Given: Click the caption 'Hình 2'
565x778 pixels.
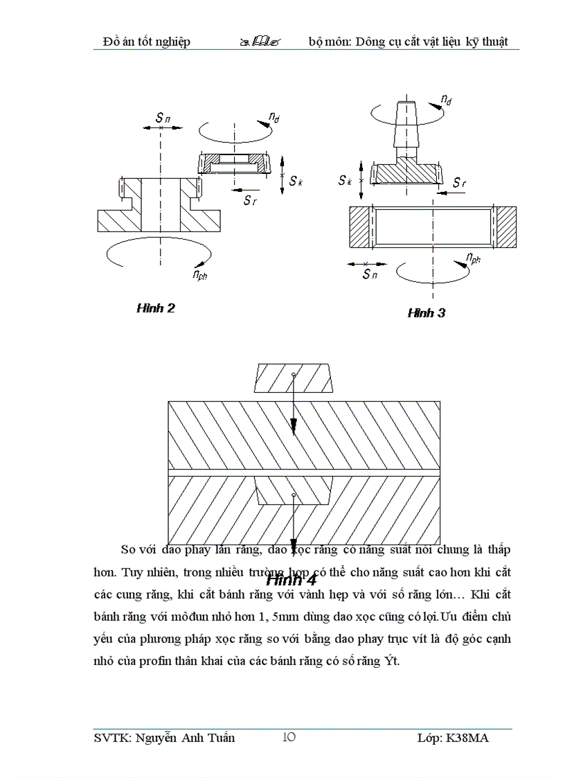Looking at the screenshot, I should (x=155, y=308).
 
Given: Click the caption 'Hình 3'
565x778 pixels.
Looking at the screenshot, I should (x=426, y=313).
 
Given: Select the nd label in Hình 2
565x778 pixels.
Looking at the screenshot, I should (x=273, y=118).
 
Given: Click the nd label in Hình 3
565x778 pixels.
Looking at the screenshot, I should (x=447, y=101).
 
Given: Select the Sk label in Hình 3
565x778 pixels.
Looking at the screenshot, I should (x=346, y=180).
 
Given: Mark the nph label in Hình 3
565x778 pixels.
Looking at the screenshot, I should (x=474, y=259).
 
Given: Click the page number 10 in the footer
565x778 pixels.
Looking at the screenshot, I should (x=289, y=737).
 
